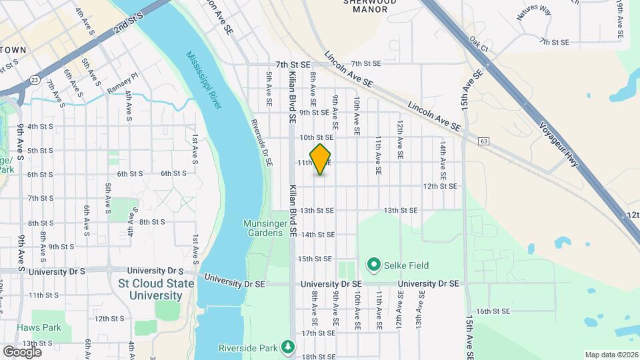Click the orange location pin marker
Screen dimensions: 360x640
click(x=321, y=159)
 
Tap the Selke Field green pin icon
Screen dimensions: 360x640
click(x=373, y=265)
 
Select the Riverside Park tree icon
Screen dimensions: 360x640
click(x=287, y=347)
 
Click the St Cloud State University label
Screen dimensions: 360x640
click(x=156, y=289)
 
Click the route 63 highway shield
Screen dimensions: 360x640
click(x=483, y=141)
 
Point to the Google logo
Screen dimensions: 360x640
click(x=22, y=351)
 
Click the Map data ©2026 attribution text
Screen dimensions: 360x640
click(x=611, y=355)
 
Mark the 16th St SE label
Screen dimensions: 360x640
click(x=493, y=311)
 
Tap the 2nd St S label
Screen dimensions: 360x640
click(x=129, y=26)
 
